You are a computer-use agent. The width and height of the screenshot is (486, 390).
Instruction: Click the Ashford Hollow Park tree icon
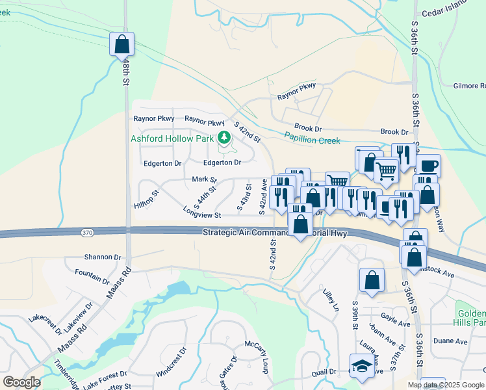(x=224, y=138)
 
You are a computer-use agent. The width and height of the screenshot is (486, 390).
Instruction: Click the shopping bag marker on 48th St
(x=122, y=44)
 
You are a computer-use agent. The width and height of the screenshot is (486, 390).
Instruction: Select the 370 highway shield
(x=88, y=232)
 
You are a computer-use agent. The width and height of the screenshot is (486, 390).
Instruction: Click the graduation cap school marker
(x=361, y=366)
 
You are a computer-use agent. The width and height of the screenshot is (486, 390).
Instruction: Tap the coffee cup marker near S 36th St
(x=428, y=166)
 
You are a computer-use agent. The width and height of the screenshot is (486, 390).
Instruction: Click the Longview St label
(x=202, y=214)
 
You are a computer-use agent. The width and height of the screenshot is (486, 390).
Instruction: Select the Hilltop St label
(x=146, y=200)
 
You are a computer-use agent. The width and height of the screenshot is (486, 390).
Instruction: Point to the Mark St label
(x=204, y=179)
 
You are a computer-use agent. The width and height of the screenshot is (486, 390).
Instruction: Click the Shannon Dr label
(x=103, y=257)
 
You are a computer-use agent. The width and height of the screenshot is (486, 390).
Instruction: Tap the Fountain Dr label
(x=92, y=276)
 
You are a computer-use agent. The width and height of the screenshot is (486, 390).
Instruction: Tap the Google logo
(x=21, y=382)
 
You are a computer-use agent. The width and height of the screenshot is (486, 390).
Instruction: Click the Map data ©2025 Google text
(x=445, y=385)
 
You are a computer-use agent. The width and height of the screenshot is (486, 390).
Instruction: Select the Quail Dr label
(x=323, y=372)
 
